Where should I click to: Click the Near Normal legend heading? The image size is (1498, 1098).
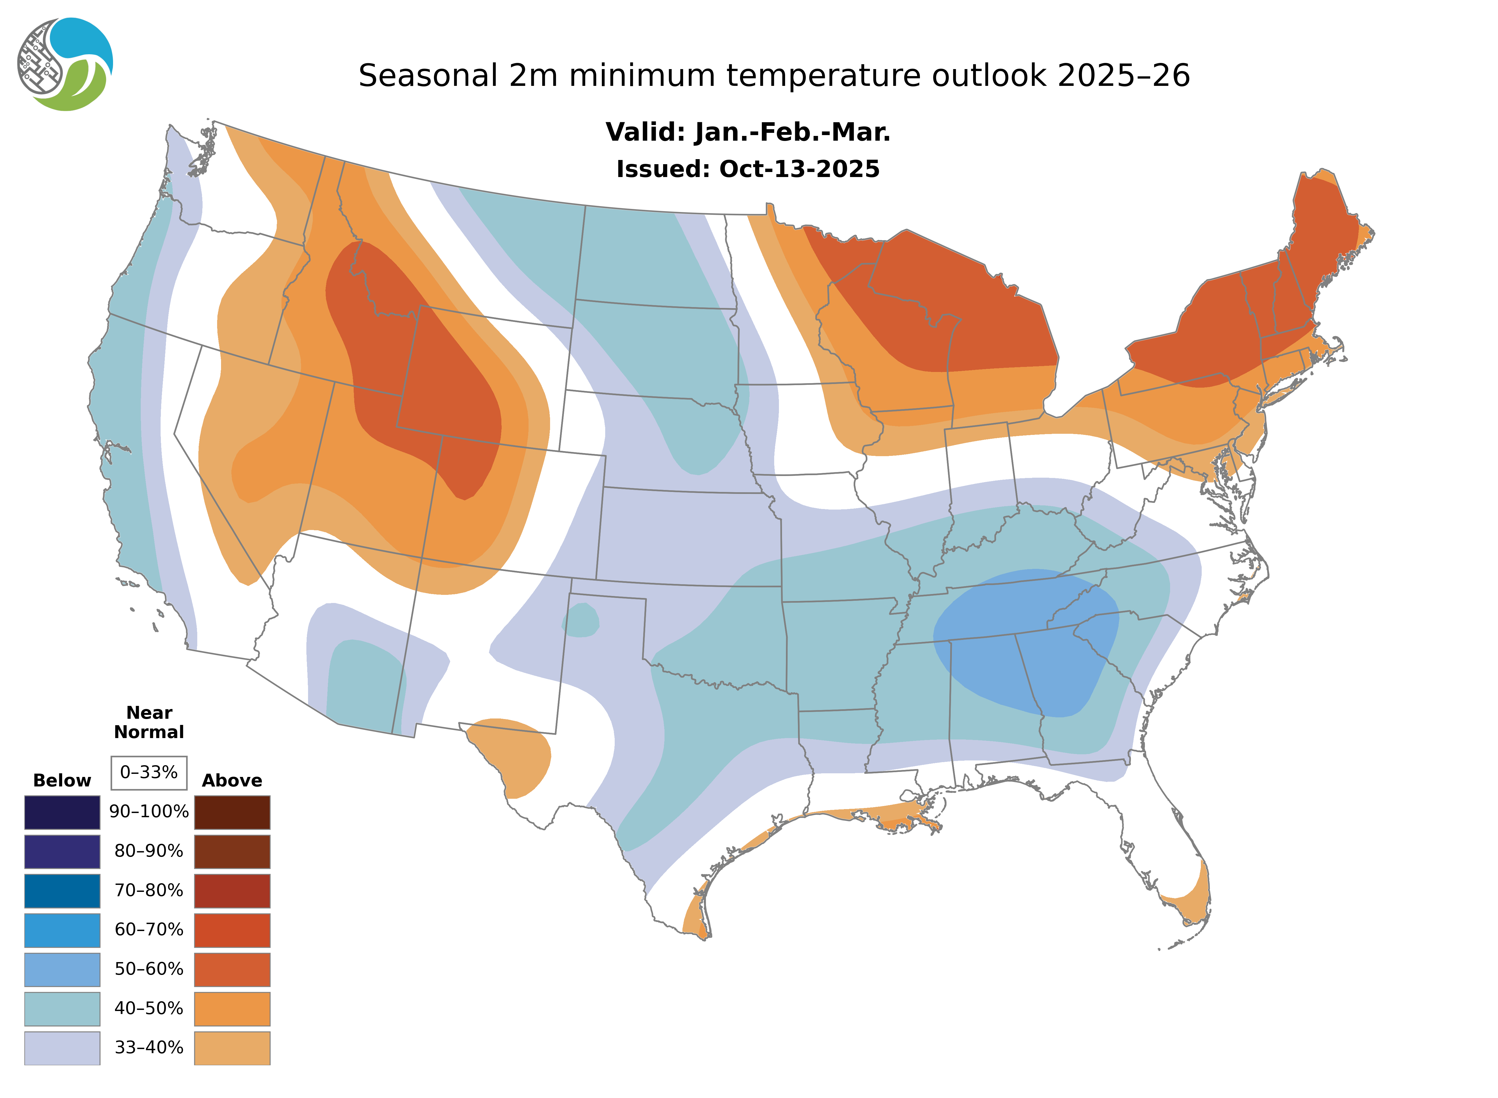(x=149, y=722)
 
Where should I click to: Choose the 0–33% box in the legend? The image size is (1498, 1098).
(x=149, y=772)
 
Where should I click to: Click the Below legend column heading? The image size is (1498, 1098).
(x=62, y=780)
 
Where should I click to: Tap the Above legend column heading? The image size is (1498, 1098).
(x=232, y=780)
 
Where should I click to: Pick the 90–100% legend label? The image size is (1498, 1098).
(x=149, y=812)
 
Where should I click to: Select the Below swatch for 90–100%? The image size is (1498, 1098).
(x=62, y=812)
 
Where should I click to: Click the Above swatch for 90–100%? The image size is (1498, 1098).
(x=232, y=812)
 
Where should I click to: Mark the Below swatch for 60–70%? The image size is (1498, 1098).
(x=62, y=930)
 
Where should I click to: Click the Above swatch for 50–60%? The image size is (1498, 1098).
(x=232, y=969)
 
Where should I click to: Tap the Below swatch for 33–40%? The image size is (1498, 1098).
(x=62, y=1047)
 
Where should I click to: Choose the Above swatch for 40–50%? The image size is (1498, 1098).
(x=232, y=1008)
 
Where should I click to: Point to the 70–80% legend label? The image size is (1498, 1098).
(x=149, y=890)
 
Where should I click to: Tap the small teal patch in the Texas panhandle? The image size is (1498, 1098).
(x=581, y=621)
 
